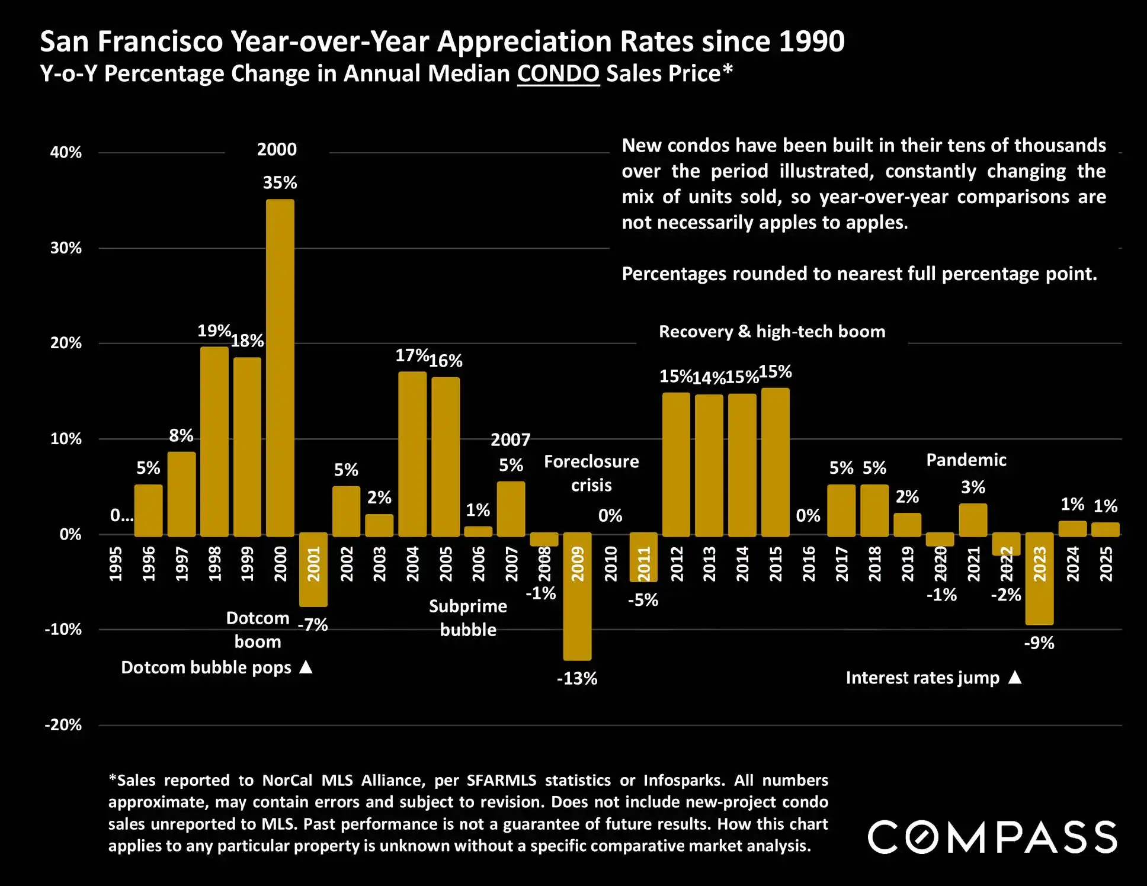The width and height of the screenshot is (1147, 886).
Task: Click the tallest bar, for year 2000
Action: (280, 367)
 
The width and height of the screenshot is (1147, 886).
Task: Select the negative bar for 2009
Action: (577, 596)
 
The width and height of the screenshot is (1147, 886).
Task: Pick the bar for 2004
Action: (412, 454)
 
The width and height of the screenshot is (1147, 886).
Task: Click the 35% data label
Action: (280, 182)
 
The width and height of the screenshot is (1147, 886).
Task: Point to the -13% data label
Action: (577, 679)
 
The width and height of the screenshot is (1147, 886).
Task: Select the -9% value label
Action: (1039, 643)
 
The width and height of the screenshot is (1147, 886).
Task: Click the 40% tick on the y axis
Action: (66, 153)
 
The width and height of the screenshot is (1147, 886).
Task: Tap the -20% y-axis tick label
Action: (63, 725)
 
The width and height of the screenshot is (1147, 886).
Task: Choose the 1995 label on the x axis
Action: (116, 564)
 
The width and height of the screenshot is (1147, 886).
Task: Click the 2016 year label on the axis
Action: (809, 564)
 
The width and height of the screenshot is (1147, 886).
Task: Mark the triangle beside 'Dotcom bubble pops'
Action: (306, 667)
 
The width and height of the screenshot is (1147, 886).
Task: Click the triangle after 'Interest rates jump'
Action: (1015, 677)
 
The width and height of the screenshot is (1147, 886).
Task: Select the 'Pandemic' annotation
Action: (966, 460)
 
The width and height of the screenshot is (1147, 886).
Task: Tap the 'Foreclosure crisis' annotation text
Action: (591, 473)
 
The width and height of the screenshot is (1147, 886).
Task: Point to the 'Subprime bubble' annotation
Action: (468, 618)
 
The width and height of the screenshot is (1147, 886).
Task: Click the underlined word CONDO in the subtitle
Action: (558, 74)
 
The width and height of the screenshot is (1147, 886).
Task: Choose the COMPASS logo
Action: (992, 837)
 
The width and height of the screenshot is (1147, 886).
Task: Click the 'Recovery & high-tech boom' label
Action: (772, 332)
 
